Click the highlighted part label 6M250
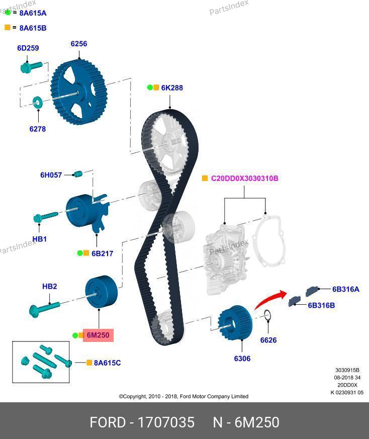(98, 335)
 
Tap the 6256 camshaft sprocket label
(78, 44)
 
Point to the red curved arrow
(269, 300)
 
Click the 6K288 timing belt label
(172, 87)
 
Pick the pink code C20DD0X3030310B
(244, 179)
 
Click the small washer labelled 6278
(37, 103)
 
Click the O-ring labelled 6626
(268, 316)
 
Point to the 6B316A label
(345, 289)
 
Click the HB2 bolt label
(49, 287)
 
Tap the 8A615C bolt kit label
(107, 363)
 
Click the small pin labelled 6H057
(77, 174)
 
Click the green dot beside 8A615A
(8, 13)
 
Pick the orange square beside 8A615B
(8, 28)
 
